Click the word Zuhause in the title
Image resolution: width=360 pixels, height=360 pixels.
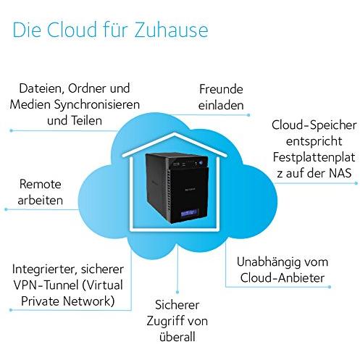coord(171,30)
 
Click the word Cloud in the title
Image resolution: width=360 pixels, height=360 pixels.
coord(72,30)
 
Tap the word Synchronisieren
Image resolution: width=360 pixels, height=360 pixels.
coord(96,105)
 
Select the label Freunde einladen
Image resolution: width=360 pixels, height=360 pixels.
coord(221,97)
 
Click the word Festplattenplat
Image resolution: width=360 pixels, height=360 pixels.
coord(314,157)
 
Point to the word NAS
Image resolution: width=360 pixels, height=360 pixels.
coord(340,173)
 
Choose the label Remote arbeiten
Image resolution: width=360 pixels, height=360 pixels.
coord(41,192)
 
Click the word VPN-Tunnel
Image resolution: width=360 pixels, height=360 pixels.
coord(46,285)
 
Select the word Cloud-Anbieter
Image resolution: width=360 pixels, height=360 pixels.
coord(282,278)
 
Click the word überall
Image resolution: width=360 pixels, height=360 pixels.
coord(177,337)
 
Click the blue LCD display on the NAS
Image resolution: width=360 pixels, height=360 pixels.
coord(190,213)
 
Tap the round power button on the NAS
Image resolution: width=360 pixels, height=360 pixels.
coord(201,163)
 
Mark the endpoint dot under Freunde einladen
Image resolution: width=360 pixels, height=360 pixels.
coord(248,115)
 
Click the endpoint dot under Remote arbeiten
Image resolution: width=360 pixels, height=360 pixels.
coord(6,209)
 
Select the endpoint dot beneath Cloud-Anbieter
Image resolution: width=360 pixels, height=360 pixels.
coord(330,287)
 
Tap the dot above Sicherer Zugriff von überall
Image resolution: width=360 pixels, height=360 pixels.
coord(177,292)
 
